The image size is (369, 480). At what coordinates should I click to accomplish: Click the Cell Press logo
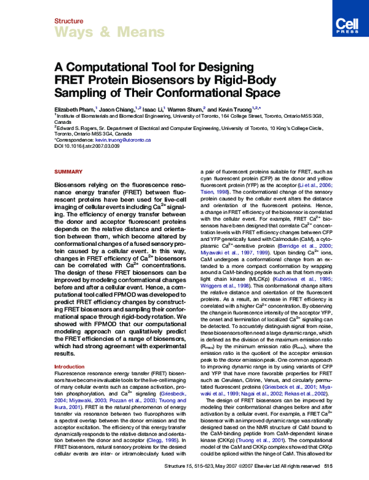(344, 24)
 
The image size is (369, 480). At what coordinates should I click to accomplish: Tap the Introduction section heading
(69, 367)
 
